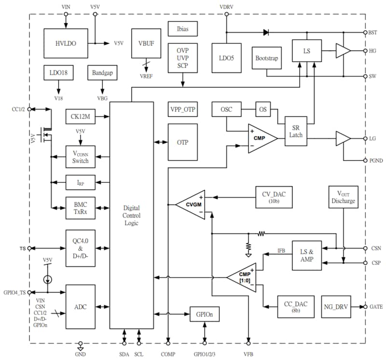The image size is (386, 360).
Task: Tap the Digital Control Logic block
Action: [x=131, y=215]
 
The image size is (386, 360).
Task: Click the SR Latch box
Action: [x=296, y=131]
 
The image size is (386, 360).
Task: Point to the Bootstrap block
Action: [x=266, y=58]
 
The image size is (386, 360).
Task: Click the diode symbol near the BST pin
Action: [x=266, y=33]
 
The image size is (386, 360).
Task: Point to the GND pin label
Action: [x=81, y=353]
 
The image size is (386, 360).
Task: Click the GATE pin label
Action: [x=376, y=307]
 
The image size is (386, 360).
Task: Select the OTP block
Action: [x=182, y=142]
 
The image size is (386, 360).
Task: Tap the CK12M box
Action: [x=81, y=116]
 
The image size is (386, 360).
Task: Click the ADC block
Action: [x=81, y=307]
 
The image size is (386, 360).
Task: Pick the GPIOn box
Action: [x=205, y=314]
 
